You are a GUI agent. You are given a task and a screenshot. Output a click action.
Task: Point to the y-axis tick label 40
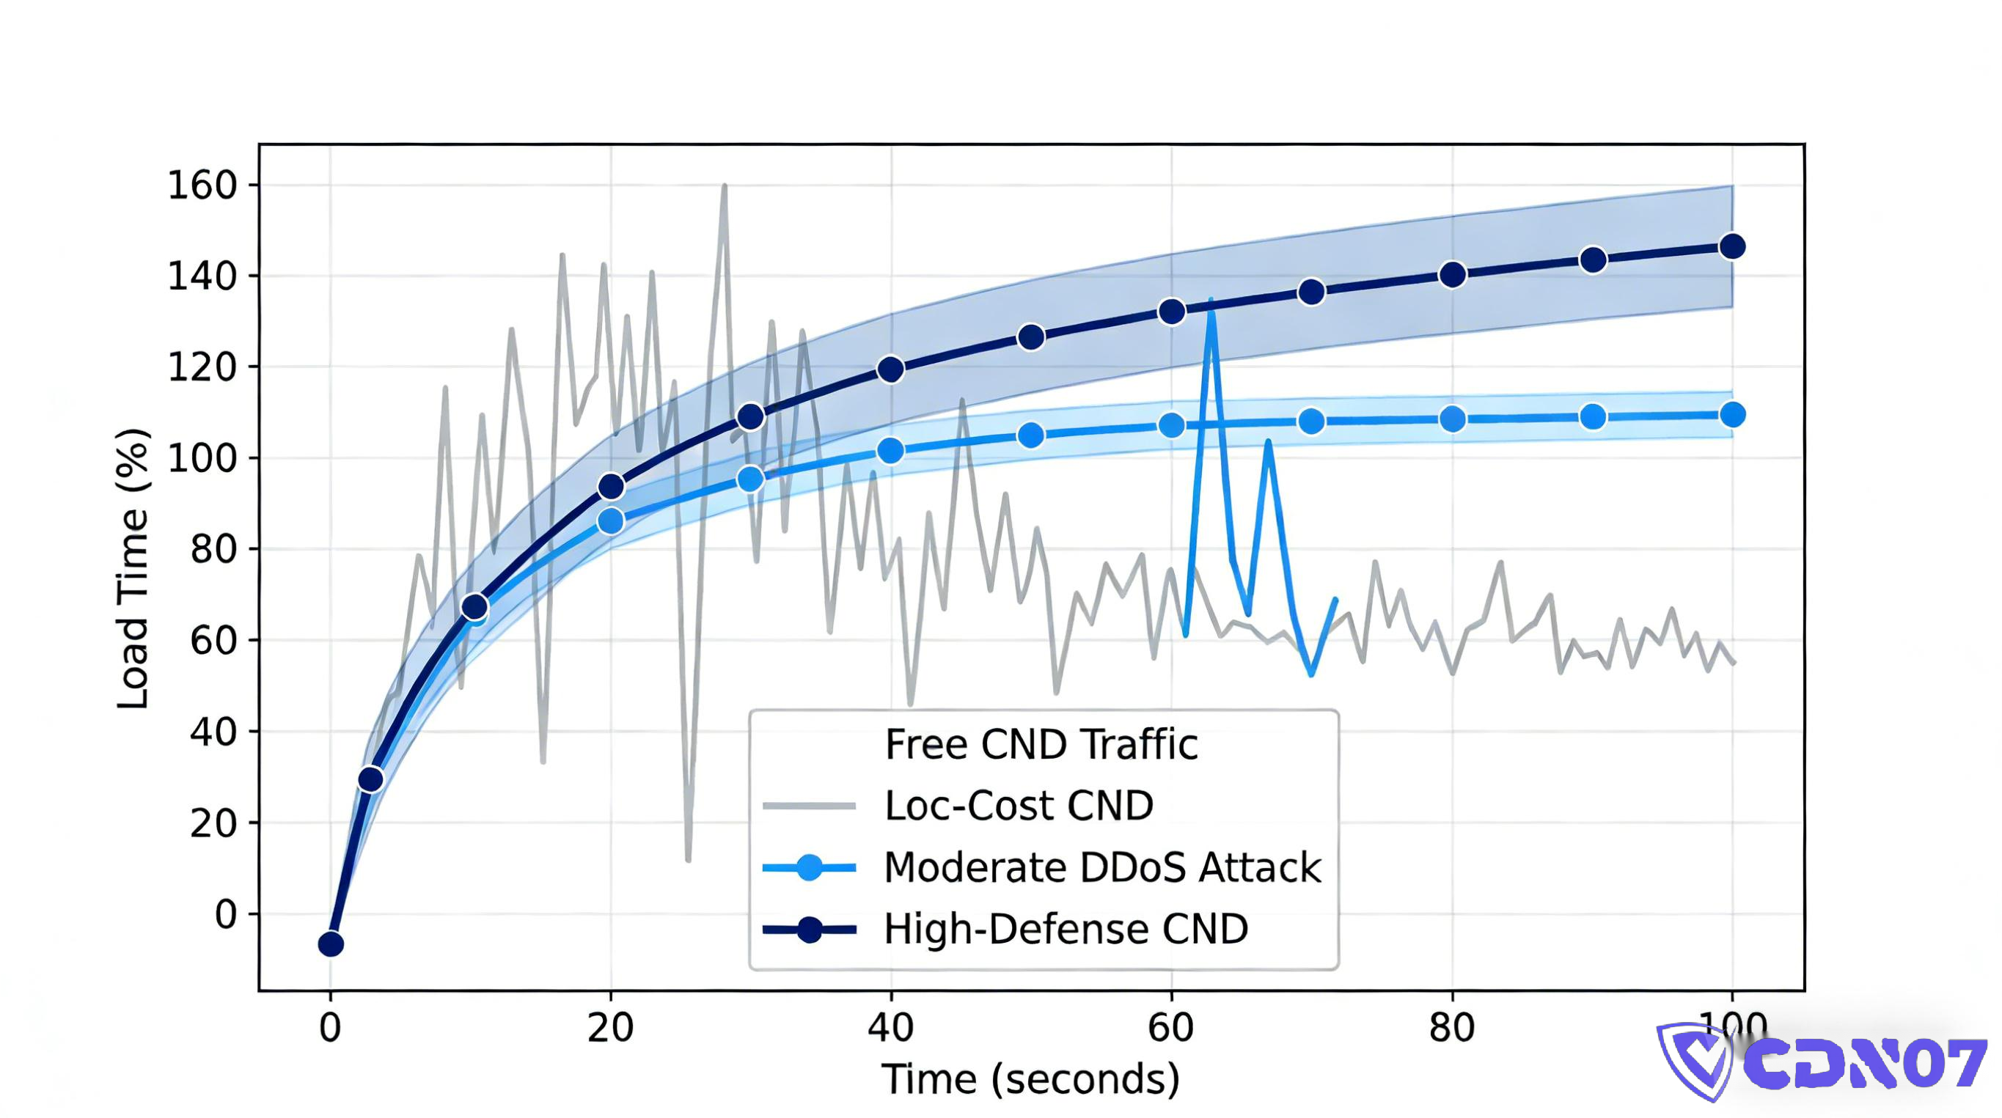point(212,731)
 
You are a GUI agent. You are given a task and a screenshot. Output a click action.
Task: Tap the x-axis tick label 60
point(1170,1027)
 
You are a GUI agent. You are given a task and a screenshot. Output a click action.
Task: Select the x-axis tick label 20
point(610,1027)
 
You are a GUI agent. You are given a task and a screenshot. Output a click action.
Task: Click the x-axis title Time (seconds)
point(1030,1079)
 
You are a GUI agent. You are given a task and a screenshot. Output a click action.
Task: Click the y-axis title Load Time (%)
point(133,568)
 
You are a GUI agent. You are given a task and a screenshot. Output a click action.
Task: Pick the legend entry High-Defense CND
point(1065,928)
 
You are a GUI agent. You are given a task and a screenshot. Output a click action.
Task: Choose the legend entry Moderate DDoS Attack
point(1101,867)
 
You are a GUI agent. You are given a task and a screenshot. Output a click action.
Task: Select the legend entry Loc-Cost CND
point(1018,806)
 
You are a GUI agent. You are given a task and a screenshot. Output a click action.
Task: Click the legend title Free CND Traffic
point(1041,744)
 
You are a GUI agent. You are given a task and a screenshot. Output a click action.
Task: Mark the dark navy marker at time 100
point(1732,247)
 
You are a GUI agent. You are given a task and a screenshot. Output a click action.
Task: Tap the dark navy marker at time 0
point(331,944)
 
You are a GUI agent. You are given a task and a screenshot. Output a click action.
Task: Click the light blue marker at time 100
point(1732,415)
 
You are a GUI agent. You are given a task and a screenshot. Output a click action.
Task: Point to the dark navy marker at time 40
point(891,369)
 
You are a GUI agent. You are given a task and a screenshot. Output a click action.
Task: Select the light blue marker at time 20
point(611,521)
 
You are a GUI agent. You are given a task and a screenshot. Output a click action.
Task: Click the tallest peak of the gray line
point(725,186)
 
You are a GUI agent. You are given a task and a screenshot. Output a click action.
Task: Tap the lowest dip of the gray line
point(689,859)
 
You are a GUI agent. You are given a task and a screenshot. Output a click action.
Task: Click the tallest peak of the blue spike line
point(1210,300)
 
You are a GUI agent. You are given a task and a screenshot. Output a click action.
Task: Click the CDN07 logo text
point(1865,1062)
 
